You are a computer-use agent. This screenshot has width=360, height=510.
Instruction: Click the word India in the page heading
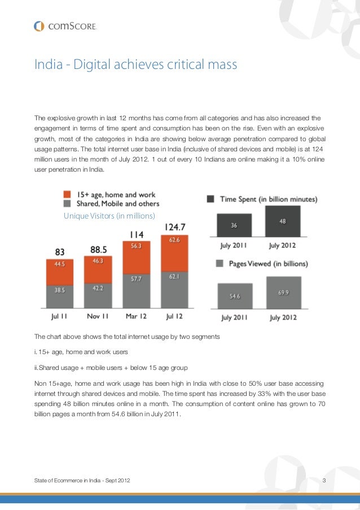point(47,66)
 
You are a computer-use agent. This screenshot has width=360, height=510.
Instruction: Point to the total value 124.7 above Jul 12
point(175,227)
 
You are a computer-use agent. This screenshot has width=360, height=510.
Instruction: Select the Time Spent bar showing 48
point(284,221)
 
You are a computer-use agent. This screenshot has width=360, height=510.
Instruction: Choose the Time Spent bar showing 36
point(234,226)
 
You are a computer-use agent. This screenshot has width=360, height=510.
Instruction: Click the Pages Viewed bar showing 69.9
point(284,292)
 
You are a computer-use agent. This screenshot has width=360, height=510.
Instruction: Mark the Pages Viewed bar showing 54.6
point(235,295)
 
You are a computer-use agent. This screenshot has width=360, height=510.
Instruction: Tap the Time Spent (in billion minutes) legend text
point(269,199)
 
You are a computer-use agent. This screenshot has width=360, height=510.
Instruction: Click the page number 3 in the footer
point(324,481)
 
